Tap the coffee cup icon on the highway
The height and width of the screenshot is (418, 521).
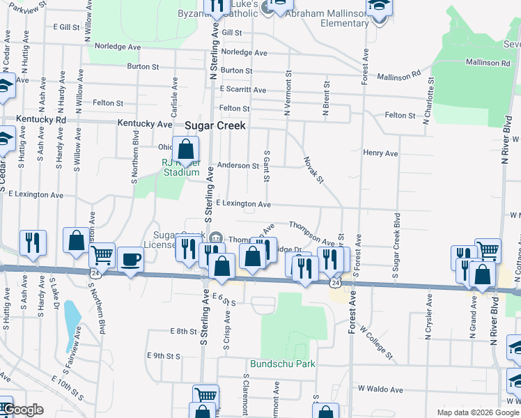pyautogui.click(x=130, y=261)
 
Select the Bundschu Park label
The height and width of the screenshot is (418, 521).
pyautogui.click(x=283, y=364)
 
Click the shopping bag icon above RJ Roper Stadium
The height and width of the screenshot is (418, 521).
pyautogui.click(x=186, y=149)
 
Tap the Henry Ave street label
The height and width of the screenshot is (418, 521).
pyautogui.click(x=380, y=153)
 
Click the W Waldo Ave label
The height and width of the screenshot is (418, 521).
pyautogui.click(x=381, y=389)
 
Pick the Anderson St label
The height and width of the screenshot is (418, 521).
pyautogui.click(x=238, y=166)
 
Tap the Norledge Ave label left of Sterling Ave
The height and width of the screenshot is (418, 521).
pyautogui.click(x=118, y=46)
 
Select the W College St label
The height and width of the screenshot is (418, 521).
pyautogui.click(x=376, y=344)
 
